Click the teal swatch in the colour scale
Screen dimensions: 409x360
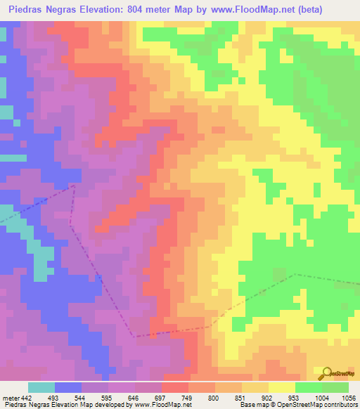(41, 387)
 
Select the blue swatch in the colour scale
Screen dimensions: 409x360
(68, 387)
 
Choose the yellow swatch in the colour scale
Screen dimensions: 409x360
(281, 387)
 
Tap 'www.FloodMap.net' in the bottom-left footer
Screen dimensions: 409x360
(163, 404)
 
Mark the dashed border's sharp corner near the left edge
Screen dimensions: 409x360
(74, 186)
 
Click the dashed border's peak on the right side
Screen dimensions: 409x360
(294, 275)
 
